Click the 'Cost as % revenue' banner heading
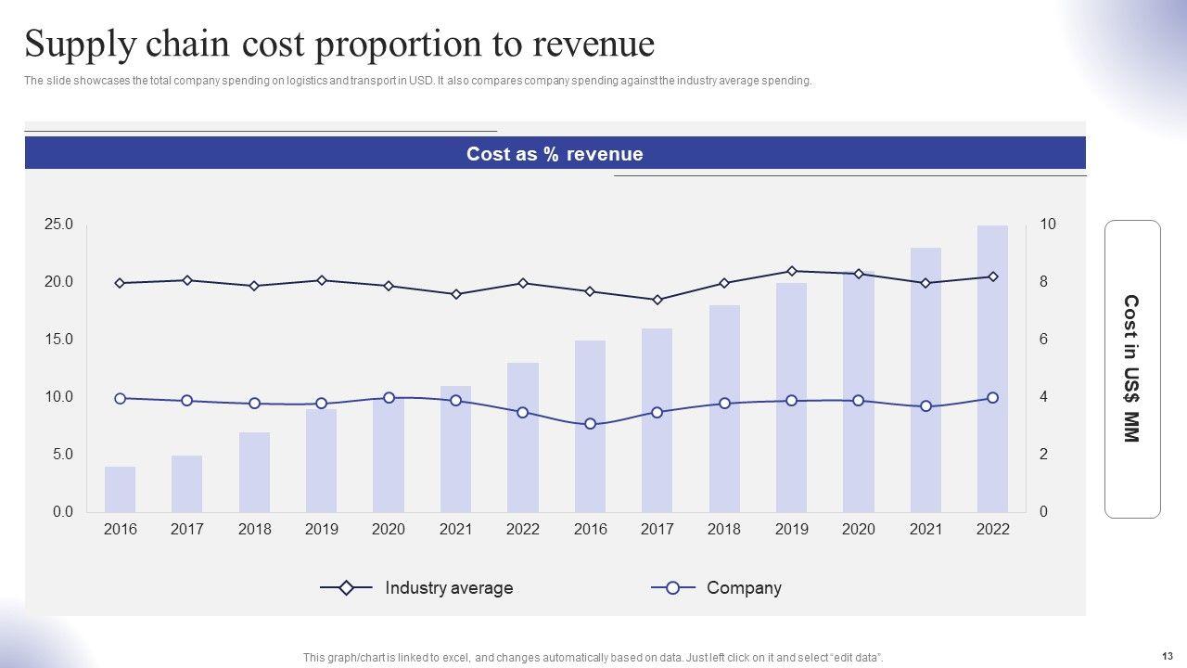click(555, 154)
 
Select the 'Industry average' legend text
click(449, 588)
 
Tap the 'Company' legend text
click(744, 588)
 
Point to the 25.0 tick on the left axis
click(58, 225)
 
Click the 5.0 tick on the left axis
click(61, 455)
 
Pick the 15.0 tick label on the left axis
click(58, 340)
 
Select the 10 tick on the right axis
click(1048, 225)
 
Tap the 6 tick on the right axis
click(1044, 340)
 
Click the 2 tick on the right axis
click(1044, 455)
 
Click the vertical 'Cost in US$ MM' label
click(1131, 368)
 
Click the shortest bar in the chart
click(121, 489)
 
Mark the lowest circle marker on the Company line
click(590, 424)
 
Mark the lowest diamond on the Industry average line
click(657, 300)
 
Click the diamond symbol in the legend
click(345, 588)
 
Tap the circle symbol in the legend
click(673, 588)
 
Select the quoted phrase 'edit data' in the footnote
click(857, 658)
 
